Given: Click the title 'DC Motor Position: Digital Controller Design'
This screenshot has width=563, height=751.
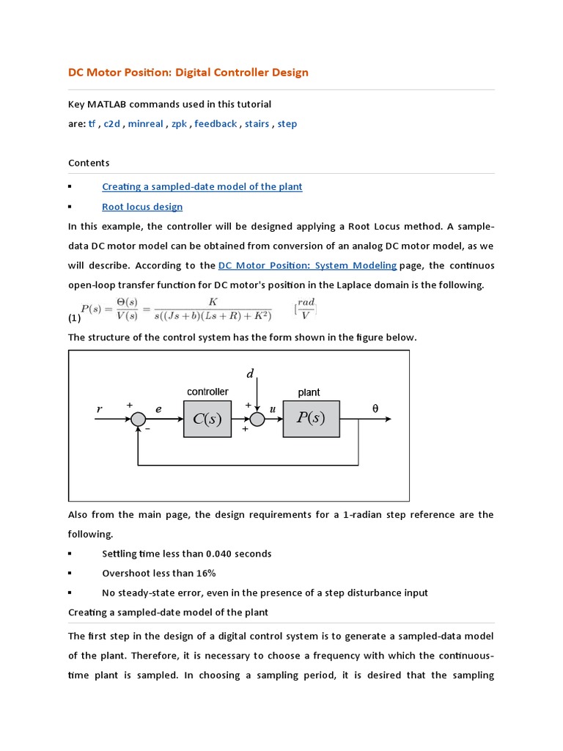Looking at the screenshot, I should coord(188,73).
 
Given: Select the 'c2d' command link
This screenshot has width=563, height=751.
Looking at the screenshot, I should coord(111,124).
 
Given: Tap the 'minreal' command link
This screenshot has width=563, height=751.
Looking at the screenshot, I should coord(145,124).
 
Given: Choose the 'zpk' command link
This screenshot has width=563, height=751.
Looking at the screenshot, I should coord(179,124).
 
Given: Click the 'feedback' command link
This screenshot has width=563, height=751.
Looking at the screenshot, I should coord(216,124).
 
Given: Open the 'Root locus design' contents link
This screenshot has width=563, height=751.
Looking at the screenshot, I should coord(142,207).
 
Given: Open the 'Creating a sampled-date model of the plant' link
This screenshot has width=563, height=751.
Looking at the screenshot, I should coord(202,186).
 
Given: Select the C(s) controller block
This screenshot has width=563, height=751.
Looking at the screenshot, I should coord(207,419).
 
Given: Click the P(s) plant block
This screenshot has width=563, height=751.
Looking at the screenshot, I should coord(312,419).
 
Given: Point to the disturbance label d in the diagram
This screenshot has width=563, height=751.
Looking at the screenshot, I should coord(250,375).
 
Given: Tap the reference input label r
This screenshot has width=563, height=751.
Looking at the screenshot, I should coord(99,410).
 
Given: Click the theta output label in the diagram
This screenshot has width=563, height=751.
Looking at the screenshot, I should coord(375,409).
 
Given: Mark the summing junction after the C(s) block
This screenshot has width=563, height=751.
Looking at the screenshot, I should coord(257,419).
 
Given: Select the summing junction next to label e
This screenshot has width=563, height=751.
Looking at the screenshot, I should coord(138,419).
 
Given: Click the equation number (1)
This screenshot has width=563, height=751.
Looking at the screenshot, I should coord(74,318).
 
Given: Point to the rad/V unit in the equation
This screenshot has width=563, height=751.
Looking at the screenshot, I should coord(306,309).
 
